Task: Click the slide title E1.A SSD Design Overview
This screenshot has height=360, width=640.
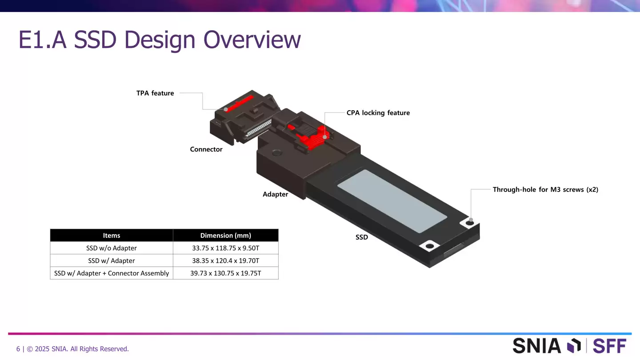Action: (160, 40)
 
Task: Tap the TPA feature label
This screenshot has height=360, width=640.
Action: (155, 93)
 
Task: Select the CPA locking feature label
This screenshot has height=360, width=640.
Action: (378, 113)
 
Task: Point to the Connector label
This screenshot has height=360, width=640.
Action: (206, 149)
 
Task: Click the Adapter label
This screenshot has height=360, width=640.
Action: (275, 194)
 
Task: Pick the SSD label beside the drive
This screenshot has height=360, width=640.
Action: (361, 237)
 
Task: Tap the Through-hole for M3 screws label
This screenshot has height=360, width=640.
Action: (545, 190)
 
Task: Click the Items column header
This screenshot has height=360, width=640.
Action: (111, 236)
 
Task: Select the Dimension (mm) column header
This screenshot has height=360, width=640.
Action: (225, 236)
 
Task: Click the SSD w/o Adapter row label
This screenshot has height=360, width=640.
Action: (111, 248)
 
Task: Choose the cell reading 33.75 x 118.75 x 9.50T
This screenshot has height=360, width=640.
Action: (225, 248)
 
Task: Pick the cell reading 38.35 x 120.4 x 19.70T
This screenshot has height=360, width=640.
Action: (225, 261)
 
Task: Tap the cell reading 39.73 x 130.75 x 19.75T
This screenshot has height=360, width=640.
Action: (225, 273)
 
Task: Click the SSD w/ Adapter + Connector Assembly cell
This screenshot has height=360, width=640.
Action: (111, 273)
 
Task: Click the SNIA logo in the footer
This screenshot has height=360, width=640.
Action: (547, 346)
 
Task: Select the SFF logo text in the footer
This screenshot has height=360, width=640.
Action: (609, 346)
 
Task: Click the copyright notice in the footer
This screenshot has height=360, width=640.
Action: (72, 349)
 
